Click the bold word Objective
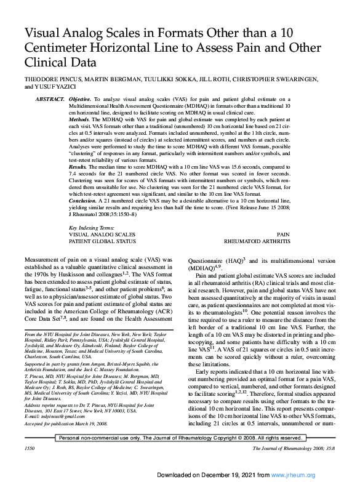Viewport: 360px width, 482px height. pyautogui.click(x=81, y=99)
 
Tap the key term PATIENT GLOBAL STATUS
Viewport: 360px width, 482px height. pyautogui.click(x=102, y=241)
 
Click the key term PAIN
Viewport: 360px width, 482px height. pyautogui.click(x=283, y=235)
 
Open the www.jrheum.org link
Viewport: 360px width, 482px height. pyautogui.click(x=297, y=475)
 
